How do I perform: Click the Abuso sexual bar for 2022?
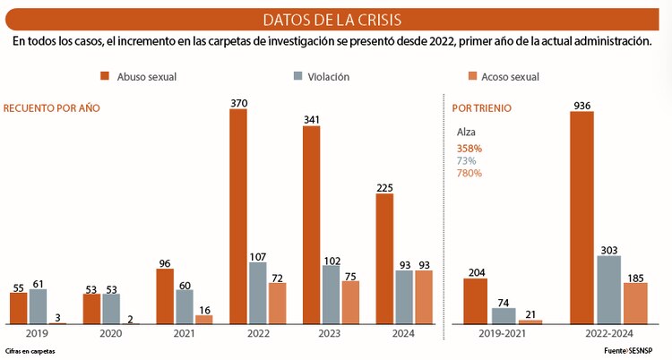237,216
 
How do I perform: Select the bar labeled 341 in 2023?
311,224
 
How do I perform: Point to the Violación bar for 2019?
38,305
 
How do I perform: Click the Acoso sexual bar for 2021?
204,319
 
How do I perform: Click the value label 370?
237,103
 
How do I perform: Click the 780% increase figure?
469,173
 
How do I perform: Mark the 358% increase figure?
469,148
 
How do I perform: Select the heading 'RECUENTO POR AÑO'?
52,107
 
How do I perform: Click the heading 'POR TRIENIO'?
481,107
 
